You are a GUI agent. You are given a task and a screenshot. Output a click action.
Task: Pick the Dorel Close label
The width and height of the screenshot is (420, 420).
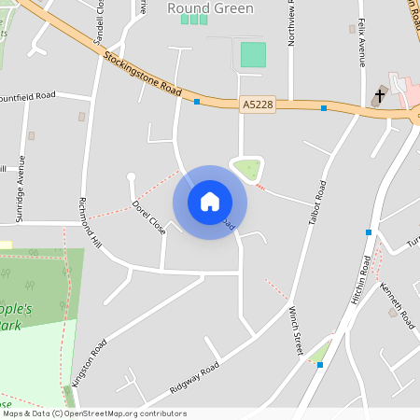click(148, 217)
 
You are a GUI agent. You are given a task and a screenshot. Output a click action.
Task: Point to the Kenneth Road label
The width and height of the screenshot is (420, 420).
click(397, 305)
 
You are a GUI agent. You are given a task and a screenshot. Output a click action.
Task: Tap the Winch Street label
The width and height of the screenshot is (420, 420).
click(296, 330)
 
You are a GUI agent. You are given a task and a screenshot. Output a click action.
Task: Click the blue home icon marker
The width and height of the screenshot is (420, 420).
click(210, 202)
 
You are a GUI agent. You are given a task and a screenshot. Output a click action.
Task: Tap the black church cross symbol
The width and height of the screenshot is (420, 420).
click(380, 94)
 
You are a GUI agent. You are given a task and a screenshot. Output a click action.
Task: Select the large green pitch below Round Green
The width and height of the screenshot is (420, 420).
click(252, 54)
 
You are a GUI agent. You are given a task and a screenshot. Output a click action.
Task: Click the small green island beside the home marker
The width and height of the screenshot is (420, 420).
click(247, 169)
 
